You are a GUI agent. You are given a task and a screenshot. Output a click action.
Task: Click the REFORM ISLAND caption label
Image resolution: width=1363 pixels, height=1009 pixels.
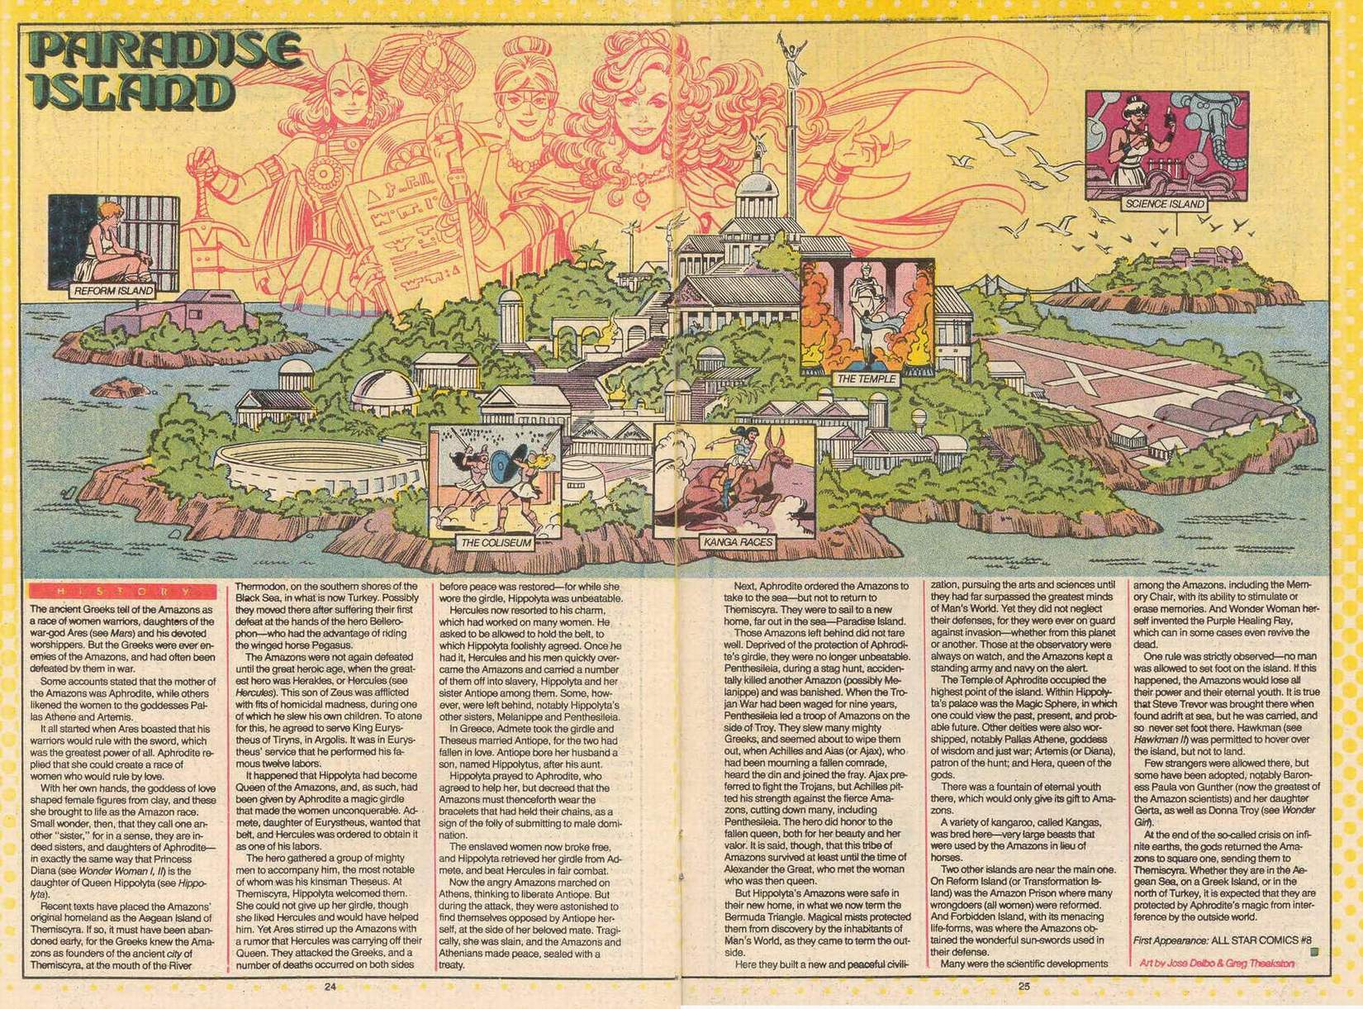pos(113,291)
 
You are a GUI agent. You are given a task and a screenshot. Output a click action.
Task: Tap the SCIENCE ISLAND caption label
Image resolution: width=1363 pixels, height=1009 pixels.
pos(1165,203)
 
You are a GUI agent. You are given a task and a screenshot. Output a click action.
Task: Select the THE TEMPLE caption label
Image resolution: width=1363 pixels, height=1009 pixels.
pos(867,379)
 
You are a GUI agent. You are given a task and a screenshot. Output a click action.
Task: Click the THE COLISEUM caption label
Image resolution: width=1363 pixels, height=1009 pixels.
pos(496,543)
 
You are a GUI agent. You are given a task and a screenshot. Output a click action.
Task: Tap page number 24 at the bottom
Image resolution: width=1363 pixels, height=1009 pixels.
pos(330,987)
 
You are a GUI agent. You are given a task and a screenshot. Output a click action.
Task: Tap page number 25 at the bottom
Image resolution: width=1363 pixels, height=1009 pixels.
pos(1024,985)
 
